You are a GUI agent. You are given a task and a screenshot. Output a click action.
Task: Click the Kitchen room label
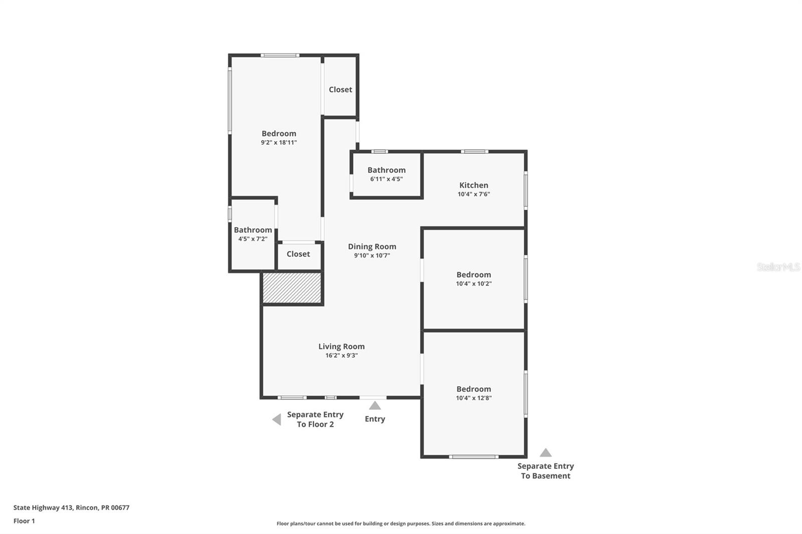(474, 185)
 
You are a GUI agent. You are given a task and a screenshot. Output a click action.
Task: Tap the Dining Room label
(372, 246)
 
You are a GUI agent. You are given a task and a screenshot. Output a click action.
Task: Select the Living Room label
(341, 346)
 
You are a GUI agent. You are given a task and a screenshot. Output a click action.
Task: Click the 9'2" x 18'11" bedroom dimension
(279, 143)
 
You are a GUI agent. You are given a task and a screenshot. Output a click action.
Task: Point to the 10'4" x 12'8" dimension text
(474, 398)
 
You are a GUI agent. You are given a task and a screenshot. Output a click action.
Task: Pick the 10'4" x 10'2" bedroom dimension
(474, 284)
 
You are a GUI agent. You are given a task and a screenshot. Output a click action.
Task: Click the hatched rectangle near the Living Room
(292, 288)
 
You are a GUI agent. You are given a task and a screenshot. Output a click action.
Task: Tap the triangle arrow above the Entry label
(375, 406)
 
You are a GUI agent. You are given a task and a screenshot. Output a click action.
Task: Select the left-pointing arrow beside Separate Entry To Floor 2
(277, 419)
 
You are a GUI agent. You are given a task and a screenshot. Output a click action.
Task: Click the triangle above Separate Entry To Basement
(545, 453)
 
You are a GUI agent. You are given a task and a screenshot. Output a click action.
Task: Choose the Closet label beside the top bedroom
(340, 90)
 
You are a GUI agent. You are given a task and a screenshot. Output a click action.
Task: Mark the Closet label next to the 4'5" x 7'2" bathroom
(298, 254)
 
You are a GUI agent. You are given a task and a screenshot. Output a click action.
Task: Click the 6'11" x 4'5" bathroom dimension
(386, 179)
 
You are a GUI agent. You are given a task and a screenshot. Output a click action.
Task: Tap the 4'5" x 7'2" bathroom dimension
(253, 239)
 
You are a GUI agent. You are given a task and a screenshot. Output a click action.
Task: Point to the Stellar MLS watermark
(778, 267)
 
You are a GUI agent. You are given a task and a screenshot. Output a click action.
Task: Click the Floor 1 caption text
(24, 521)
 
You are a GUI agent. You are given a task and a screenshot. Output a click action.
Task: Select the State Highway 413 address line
(71, 507)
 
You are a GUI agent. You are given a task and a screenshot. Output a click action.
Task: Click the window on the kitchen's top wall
(474, 151)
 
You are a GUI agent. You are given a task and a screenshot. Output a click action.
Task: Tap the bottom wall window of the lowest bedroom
(473, 456)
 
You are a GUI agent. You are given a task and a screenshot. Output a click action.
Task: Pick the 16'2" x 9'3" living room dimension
(341, 356)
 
